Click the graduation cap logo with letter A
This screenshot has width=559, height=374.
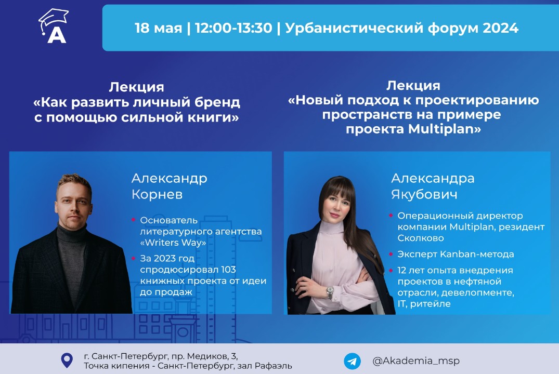point(54,26)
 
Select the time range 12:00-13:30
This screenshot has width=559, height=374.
point(233,28)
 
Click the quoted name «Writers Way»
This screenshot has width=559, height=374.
point(173,243)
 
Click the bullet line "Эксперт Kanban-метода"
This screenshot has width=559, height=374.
point(456,254)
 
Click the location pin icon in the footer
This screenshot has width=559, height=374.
point(67,360)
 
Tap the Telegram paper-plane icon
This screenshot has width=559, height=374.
point(352,361)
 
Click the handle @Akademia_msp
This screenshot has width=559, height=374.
point(416,360)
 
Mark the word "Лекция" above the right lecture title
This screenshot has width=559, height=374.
point(413,86)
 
